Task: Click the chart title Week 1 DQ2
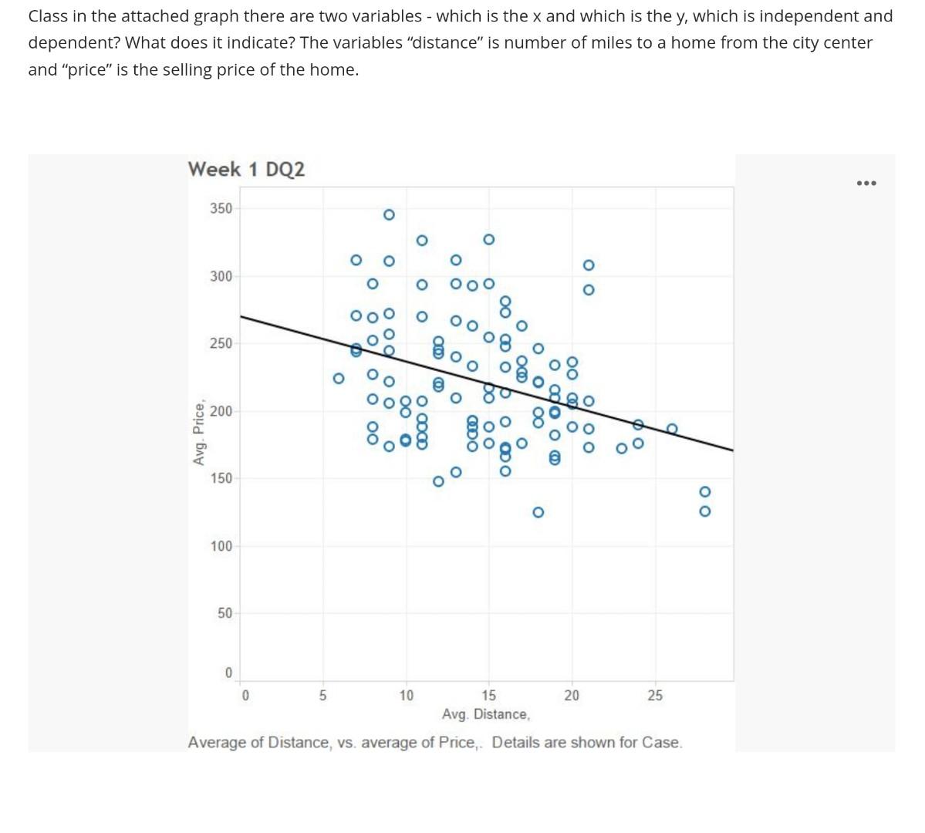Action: point(246,169)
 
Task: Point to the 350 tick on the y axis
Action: point(221,208)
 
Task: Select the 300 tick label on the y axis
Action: point(221,276)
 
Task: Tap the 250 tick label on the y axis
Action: point(221,343)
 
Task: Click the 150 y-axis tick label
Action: point(221,478)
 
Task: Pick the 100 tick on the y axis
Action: point(221,546)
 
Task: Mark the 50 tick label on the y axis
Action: point(224,613)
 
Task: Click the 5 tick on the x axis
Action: point(323,696)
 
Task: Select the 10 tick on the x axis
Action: point(406,696)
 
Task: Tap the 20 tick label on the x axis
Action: point(571,696)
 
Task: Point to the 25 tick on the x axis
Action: point(654,696)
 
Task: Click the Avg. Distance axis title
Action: point(486,714)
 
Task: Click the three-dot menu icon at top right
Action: point(866,183)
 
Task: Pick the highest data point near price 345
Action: point(389,214)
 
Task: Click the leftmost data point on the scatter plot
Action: point(338,378)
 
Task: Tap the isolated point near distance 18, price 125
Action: point(538,512)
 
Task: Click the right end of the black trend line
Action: point(731,450)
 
